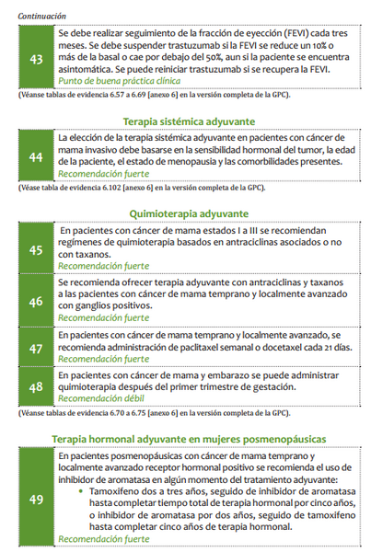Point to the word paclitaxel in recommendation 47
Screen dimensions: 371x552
click(x=180, y=348)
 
